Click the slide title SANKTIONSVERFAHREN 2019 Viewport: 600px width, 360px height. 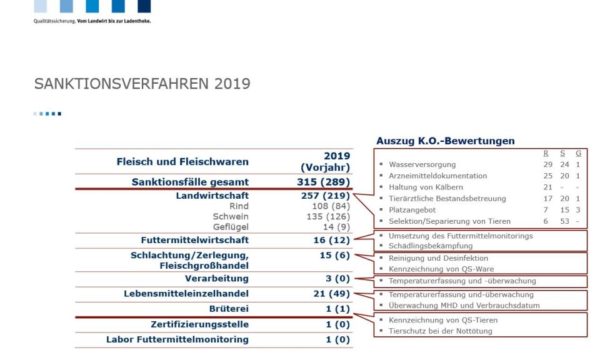tap(142, 84)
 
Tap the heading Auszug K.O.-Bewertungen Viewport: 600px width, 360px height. tap(446, 141)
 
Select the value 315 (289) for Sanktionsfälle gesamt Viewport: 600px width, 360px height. tap(323, 182)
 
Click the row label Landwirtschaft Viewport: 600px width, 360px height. tap(212, 196)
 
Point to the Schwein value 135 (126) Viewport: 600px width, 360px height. tap(328, 216)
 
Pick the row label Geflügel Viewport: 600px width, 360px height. tap(231, 227)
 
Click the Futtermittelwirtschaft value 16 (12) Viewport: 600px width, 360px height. tap(331, 240)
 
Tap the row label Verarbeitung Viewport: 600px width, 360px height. tap(217, 279)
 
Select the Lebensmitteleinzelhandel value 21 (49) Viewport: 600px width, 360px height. tap(331, 294)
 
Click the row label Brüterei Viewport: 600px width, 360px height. tap(229, 309)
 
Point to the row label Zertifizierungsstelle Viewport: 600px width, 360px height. tap(200, 324)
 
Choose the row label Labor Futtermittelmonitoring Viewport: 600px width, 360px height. tap(177, 340)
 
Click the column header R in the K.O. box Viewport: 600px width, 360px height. tap(546, 153)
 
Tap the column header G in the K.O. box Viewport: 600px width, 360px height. tap(578, 153)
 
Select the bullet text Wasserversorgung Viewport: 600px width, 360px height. tap(422, 164)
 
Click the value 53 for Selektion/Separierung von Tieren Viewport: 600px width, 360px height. tap(564, 221)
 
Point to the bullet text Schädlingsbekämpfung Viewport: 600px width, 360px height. tap(431, 246)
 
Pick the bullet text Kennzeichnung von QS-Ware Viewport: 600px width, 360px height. tap(441, 269)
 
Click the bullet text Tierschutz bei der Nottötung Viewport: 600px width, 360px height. tap(441, 331)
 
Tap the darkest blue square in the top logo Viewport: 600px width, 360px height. tap(144, 6)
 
